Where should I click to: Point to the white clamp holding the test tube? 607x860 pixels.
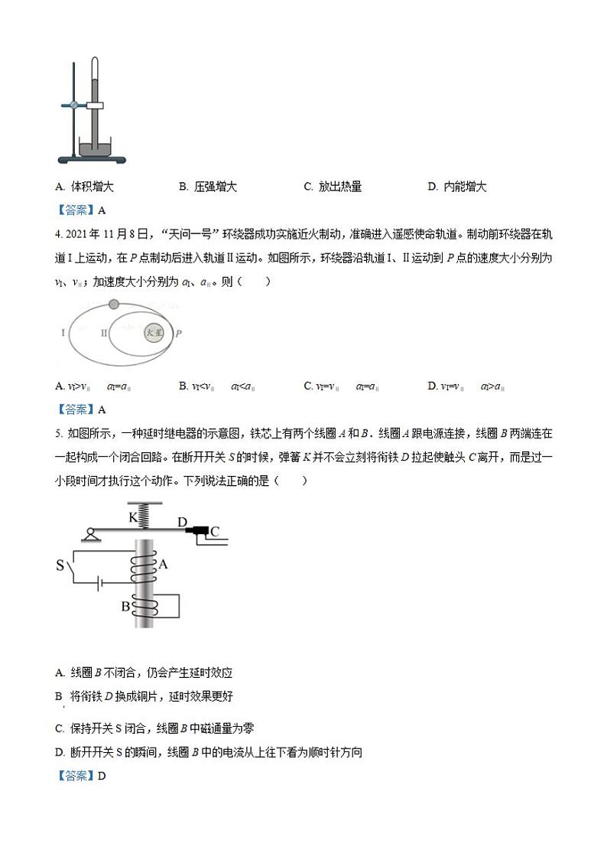(95, 105)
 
